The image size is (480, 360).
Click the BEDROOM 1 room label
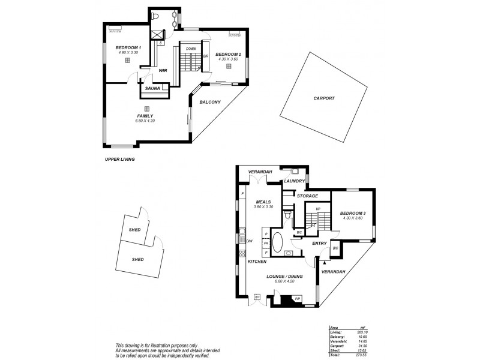tap(128, 47)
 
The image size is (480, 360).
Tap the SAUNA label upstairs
tap(152, 89)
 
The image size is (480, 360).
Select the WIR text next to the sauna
tap(163, 71)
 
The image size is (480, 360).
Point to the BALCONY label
tap(210, 102)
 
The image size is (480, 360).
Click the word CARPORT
tap(324, 98)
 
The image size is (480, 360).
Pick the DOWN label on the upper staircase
tap(191, 49)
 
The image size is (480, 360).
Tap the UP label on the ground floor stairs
tap(318, 209)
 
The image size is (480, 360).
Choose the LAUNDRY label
tap(295, 181)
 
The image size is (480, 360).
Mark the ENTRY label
tap(319, 243)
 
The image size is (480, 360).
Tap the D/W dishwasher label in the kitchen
tap(249, 241)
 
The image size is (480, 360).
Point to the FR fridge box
tap(266, 244)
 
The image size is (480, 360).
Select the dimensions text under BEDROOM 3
tap(352, 218)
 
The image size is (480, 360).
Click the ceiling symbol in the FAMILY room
tap(146, 109)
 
